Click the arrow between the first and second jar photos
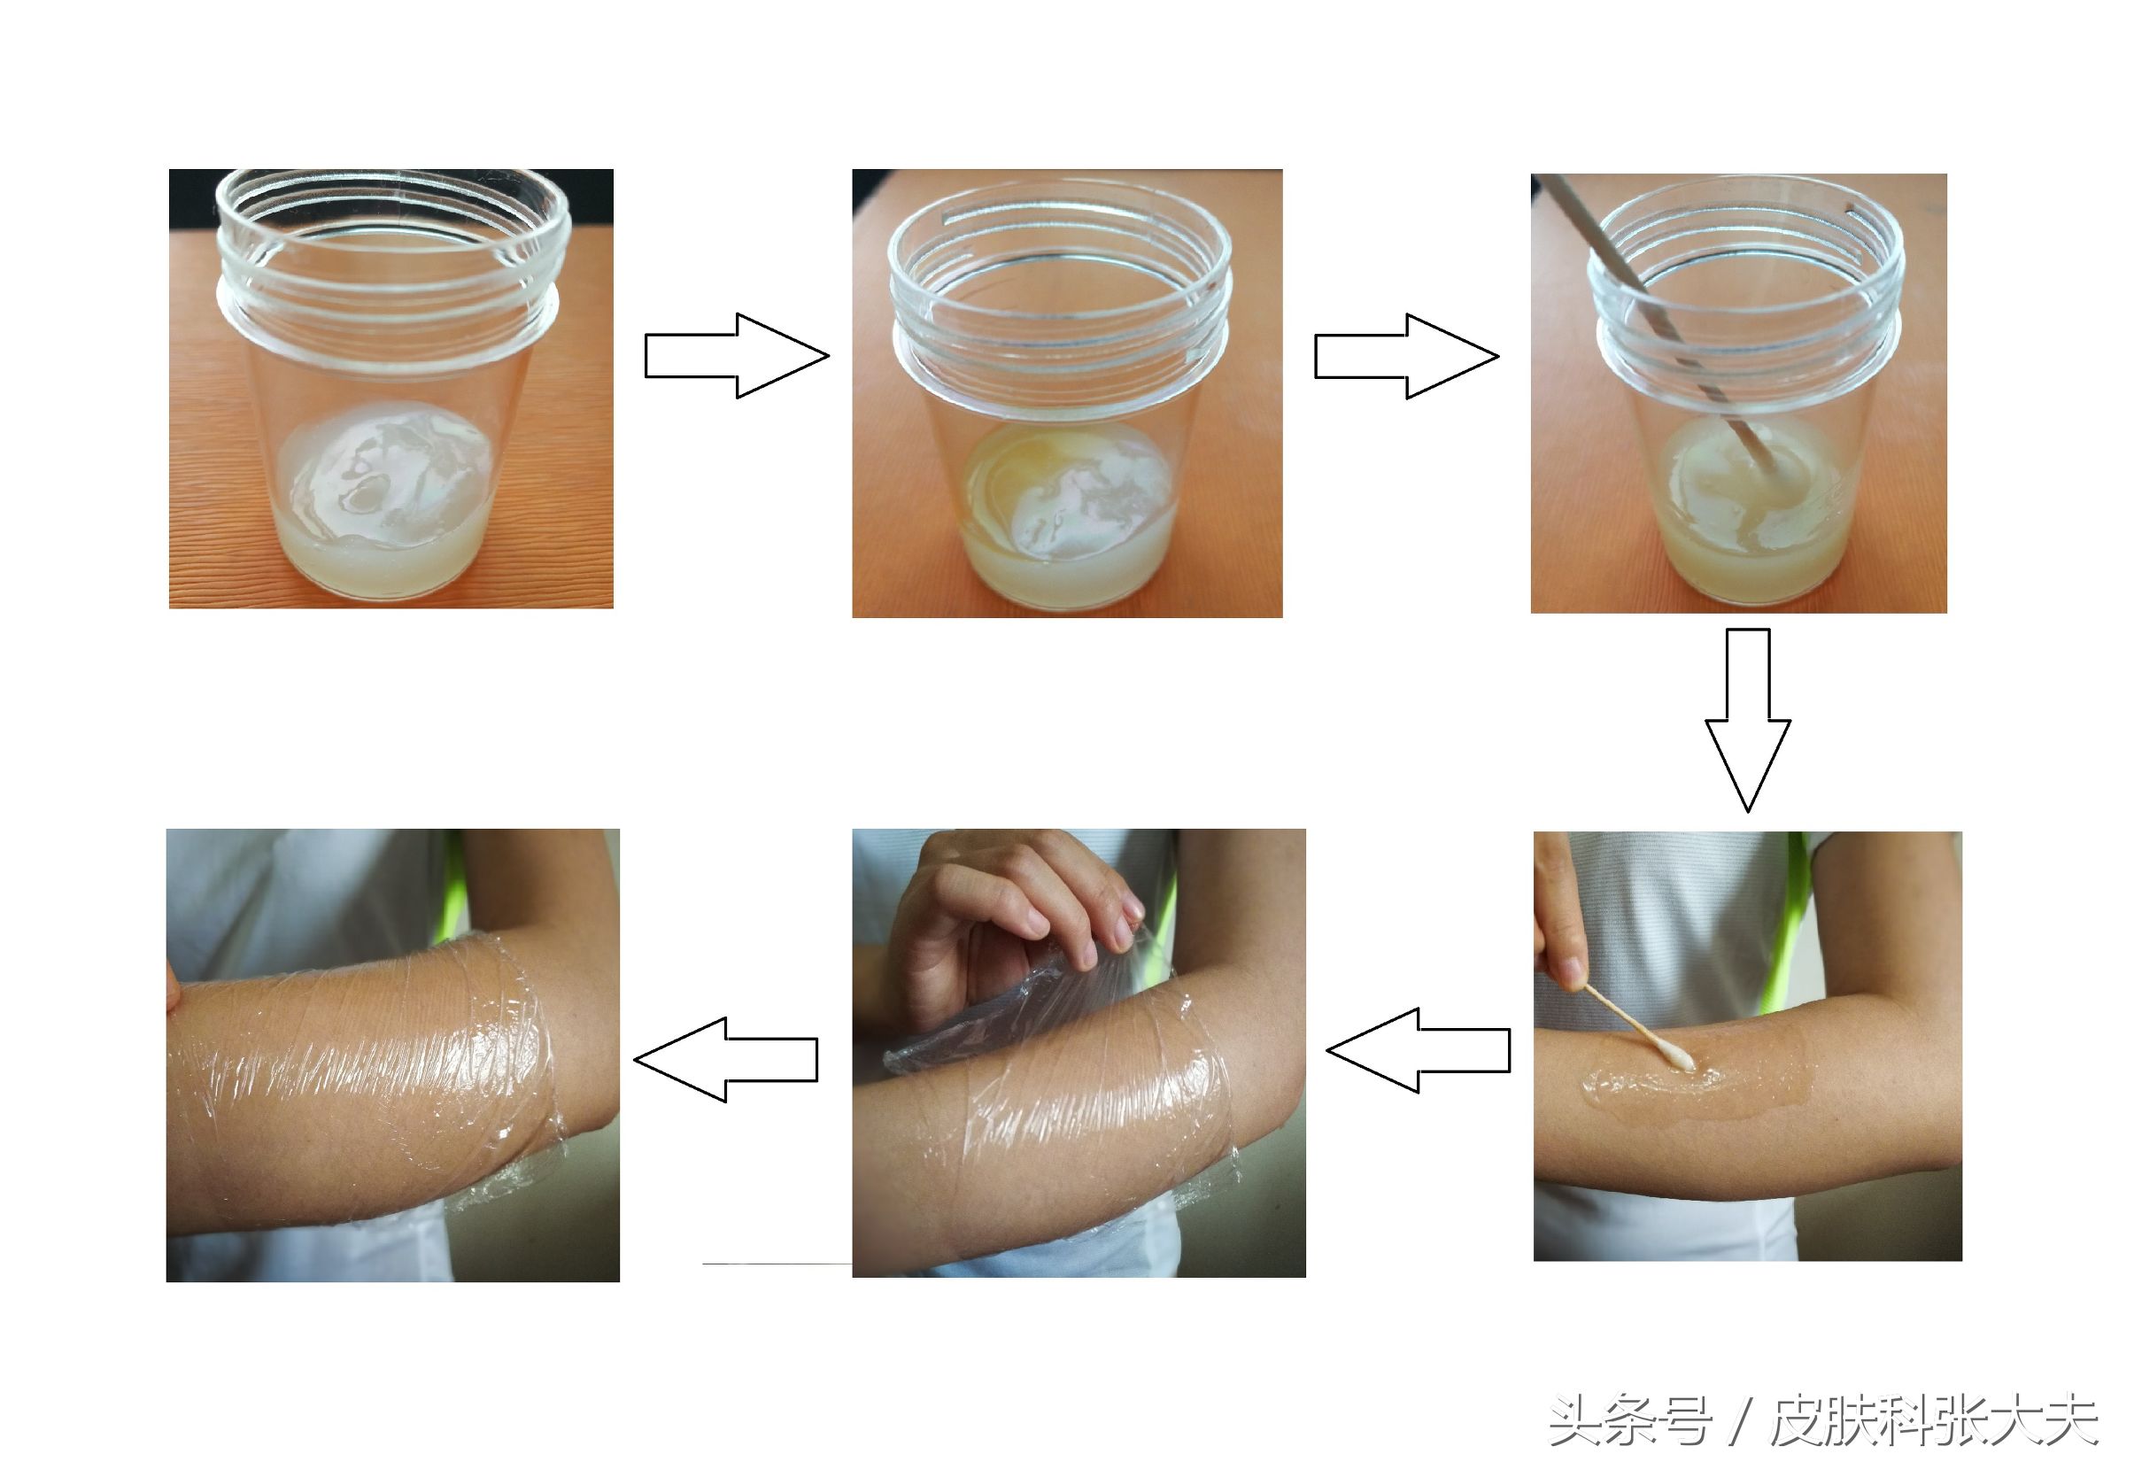click(x=736, y=356)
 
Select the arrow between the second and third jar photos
click(x=1405, y=356)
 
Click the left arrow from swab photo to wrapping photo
click(x=1417, y=1050)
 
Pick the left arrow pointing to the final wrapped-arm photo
click(x=726, y=1058)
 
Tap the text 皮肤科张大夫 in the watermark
click(x=1932, y=1422)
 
